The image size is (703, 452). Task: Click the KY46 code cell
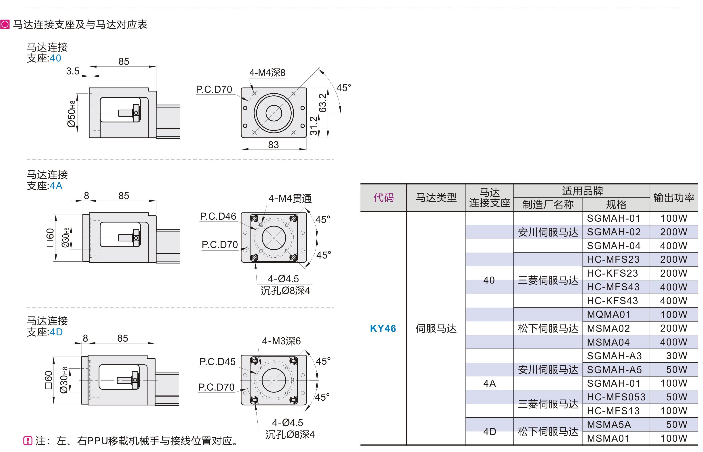click(x=383, y=328)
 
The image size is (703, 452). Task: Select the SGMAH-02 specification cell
click(x=613, y=232)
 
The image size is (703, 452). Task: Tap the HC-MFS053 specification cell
click(x=616, y=397)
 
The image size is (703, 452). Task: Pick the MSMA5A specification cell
click(x=609, y=425)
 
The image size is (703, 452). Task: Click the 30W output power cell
click(x=676, y=356)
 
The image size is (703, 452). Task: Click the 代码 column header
click(x=383, y=198)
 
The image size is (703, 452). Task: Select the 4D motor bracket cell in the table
click(x=489, y=431)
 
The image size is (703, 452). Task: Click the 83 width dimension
click(x=273, y=145)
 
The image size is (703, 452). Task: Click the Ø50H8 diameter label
click(x=71, y=114)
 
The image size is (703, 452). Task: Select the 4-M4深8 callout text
click(x=267, y=72)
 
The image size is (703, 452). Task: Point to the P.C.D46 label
click(x=218, y=216)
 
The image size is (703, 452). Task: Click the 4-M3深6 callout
click(x=281, y=341)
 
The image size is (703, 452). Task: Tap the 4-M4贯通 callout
click(x=290, y=198)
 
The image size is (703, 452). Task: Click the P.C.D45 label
click(x=217, y=362)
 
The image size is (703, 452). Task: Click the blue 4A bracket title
click(x=56, y=186)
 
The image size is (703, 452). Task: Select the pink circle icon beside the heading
click(x=5, y=24)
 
